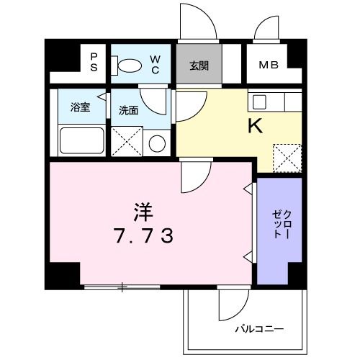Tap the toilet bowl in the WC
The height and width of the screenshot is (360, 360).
pyautogui.click(x=130, y=66)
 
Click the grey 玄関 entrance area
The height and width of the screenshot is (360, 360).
pyautogui.click(x=199, y=66)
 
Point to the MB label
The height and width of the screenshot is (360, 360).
pyautogui.click(x=269, y=65)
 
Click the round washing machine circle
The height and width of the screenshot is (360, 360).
pyautogui.click(x=157, y=143)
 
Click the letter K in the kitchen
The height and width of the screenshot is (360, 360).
pyautogui.click(x=255, y=127)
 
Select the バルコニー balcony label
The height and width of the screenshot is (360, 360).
pyautogui.click(x=259, y=330)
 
